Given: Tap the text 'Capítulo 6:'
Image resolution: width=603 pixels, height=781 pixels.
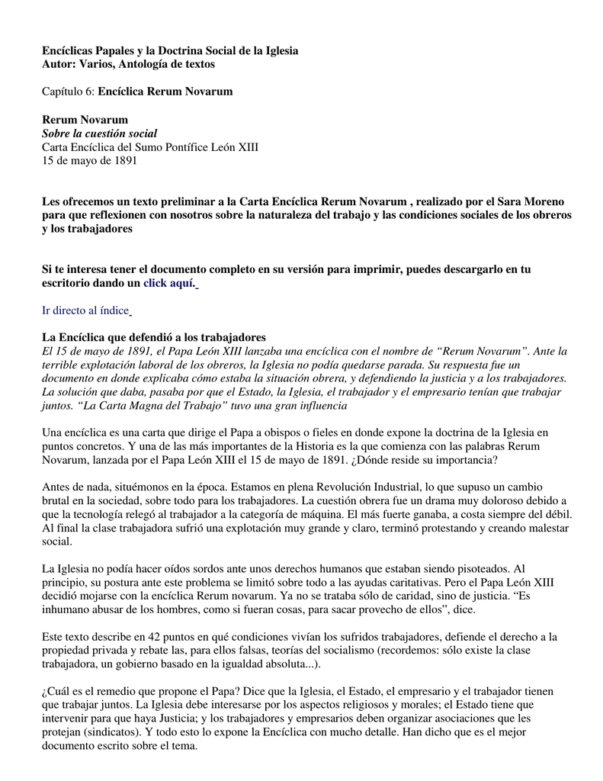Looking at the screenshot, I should pyautogui.click(x=69, y=92).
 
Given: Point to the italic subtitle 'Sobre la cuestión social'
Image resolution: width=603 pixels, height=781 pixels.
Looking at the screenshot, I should pyautogui.click(x=99, y=133).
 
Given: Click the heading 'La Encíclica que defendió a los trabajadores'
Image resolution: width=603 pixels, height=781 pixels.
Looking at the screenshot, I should pyautogui.click(x=153, y=337).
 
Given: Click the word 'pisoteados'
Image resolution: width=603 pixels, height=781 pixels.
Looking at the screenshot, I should pyautogui.click(x=476, y=569).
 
